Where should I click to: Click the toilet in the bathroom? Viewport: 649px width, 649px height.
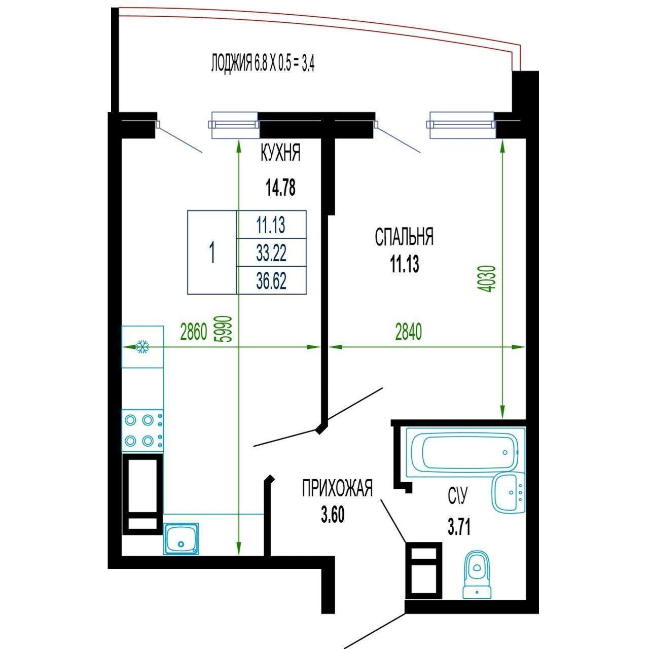477,579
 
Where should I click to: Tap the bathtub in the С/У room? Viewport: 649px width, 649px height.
465,452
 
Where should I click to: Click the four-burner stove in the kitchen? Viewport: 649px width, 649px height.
142,430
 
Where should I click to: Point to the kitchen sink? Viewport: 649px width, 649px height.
181,538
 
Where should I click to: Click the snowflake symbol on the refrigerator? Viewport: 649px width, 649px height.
142,347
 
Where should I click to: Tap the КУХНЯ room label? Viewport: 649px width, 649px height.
280,153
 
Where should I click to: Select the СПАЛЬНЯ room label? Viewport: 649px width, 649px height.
404,237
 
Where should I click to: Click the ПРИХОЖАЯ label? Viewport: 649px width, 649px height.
337,488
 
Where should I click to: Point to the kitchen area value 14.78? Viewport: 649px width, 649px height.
280,188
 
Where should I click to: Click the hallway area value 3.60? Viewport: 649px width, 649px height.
333,515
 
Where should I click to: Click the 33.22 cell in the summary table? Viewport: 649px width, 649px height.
271,253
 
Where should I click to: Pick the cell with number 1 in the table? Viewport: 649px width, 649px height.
212,253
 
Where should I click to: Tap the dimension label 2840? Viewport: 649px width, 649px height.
408,332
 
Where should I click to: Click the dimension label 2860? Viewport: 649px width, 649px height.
193,332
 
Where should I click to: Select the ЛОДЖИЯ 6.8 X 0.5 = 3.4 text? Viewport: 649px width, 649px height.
263,63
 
